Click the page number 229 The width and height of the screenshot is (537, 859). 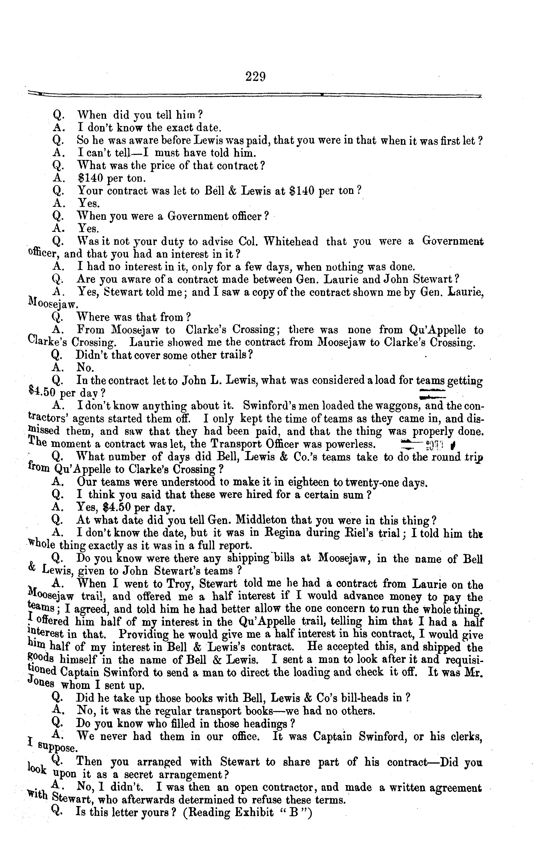click(x=255, y=76)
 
